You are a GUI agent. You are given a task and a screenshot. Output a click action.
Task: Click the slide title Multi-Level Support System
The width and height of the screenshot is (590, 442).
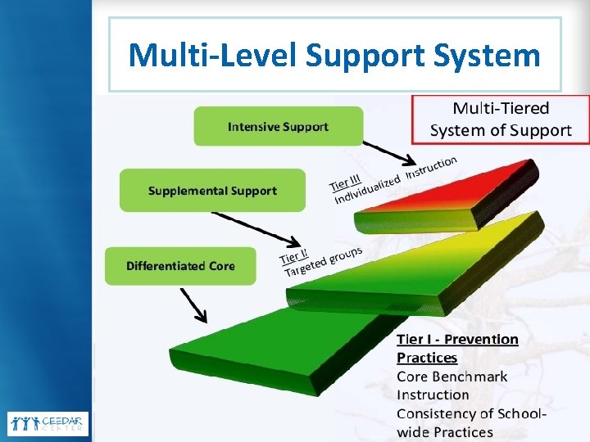pos(334,56)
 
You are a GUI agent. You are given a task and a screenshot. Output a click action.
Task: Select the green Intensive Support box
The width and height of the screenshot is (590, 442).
pos(278,127)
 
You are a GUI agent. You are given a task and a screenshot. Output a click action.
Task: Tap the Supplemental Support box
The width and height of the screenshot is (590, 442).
pos(212,191)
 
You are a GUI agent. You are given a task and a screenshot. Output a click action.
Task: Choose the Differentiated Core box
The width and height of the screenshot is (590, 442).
pos(180,266)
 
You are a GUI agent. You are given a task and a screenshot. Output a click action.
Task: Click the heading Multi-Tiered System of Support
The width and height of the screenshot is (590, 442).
pos(501,119)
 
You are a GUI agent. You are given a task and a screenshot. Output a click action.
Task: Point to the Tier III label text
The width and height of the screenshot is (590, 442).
pos(344,180)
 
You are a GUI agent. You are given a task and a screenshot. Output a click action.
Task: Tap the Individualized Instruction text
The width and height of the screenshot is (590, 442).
pos(393,180)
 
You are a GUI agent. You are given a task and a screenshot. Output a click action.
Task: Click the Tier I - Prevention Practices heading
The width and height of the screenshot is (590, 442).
pos(457,348)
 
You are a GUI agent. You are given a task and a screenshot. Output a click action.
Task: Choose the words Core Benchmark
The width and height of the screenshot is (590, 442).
pos(452,377)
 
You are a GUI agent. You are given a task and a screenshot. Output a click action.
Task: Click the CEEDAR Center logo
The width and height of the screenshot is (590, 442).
pos(48,423)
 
